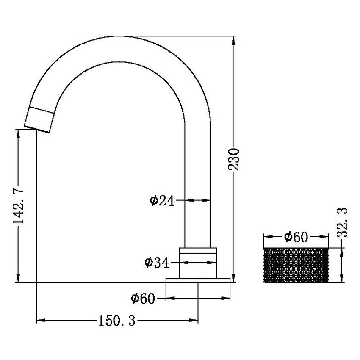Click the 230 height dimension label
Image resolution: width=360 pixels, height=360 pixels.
234,159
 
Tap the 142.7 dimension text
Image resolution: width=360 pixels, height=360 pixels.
18,204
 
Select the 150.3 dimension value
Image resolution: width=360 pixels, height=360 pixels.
117,321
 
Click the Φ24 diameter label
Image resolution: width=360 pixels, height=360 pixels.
162,201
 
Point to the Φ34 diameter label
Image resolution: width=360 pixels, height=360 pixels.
157,263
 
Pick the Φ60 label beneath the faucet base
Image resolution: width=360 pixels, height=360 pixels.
143,298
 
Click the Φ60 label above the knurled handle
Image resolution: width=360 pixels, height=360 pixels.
296,237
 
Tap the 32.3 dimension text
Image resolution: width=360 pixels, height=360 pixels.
342,222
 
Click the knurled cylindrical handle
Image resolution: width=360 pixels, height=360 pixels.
296,265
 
